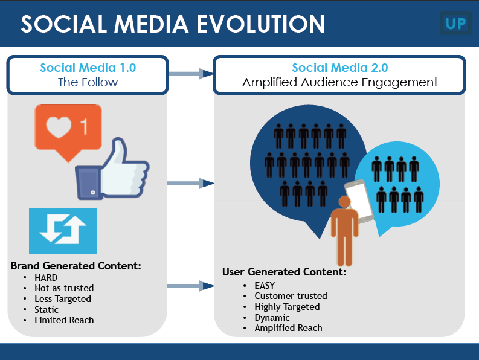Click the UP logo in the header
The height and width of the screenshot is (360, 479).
click(x=455, y=23)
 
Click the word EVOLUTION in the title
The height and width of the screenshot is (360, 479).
click(x=260, y=24)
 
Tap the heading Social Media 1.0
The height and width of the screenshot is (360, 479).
click(x=88, y=68)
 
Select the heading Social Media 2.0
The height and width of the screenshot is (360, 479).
click(x=339, y=68)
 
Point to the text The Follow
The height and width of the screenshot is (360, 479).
click(x=88, y=82)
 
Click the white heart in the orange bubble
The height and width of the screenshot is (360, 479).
click(x=59, y=127)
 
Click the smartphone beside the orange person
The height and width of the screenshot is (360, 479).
click(x=359, y=201)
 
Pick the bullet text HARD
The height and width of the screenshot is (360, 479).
click(x=46, y=278)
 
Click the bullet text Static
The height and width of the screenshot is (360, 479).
click(x=47, y=310)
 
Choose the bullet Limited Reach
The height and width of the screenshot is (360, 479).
click(x=64, y=320)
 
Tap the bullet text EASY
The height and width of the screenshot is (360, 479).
click(x=265, y=286)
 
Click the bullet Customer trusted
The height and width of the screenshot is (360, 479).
click(x=291, y=296)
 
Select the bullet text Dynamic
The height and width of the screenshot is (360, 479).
click(x=272, y=318)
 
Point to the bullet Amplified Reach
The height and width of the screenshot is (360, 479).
click(x=288, y=328)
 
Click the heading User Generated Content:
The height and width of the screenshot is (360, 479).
click(x=284, y=272)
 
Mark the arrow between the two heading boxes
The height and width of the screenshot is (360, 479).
click(x=191, y=74)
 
